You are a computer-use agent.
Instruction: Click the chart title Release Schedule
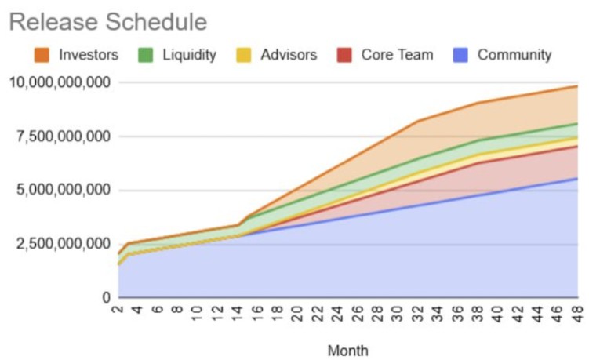tap(108, 21)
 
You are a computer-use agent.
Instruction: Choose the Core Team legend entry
tap(395, 55)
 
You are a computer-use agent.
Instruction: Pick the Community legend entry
tap(514, 55)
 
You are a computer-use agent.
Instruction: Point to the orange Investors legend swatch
tap(43, 55)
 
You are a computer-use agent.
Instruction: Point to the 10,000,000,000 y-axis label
tap(59, 82)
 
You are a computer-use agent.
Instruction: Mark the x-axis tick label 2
tap(119, 311)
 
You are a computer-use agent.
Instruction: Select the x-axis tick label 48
tap(578, 313)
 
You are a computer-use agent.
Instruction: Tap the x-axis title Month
tap(347, 350)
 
